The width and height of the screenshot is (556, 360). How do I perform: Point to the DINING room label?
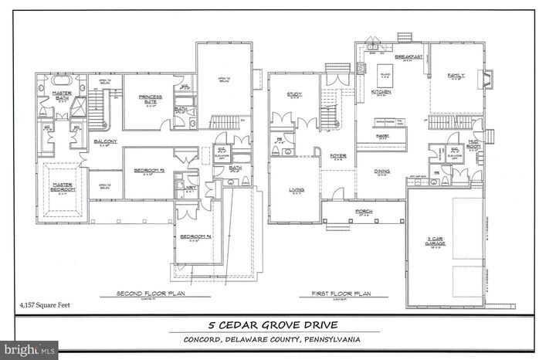(x=381, y=172)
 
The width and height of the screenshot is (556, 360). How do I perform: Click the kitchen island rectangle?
(x=383, y=78)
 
